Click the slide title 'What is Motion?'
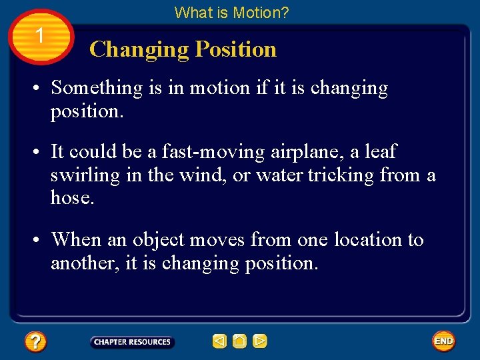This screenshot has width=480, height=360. (x=231, y=12)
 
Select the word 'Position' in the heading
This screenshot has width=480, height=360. (x=236, y=49)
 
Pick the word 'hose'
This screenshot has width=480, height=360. (x=70, y=197)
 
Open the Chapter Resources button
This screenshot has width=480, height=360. (x=132, y=342)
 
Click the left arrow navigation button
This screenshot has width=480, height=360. (x=219, y=342)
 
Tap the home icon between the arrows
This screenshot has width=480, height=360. (x=239, y=342)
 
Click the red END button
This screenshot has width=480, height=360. (x=443, y=341)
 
